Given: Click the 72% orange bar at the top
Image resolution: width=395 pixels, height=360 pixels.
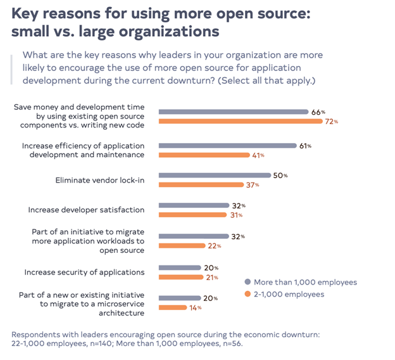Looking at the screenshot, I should click(240, 122).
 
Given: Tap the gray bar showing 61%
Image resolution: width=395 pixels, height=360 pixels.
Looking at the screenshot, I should click(227, 145).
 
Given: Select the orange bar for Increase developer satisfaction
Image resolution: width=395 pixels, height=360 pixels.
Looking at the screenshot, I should click(192, 215).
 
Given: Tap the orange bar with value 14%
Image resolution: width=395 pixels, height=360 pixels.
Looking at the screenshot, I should click(173, 308).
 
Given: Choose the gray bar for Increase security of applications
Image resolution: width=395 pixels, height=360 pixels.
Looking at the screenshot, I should click(180, 267).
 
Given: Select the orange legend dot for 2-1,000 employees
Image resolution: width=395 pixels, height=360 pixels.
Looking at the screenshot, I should click(247, 294).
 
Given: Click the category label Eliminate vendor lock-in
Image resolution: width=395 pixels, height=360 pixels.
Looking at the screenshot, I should click(101, 180).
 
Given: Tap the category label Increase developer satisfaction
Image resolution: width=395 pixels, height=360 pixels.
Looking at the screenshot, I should click(86, 210).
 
